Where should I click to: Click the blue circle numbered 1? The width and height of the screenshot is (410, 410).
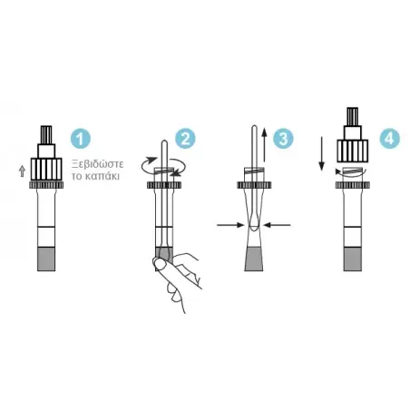pyautogui.click(x=81, y=139)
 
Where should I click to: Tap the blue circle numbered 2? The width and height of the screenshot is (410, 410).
pyautogui.click(x=185, y=139)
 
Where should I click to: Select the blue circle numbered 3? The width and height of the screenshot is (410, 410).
pyautogui.click(x=283, y=139)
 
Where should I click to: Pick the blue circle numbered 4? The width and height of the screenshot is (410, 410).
pyautogui.click(x=390, y=139)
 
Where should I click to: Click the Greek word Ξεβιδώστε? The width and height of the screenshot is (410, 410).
pyautogui.click(x=97, y=164)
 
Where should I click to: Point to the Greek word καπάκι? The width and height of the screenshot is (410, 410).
pyautogui.click(x=102, y=176)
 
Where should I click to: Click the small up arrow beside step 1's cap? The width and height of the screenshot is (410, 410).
pyautogui.click(x=22, y=171)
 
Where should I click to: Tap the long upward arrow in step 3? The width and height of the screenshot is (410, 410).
pyautogui.click(x=264, y=145)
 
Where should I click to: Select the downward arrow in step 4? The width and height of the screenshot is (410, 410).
pyautogui.click(x=321, y=153)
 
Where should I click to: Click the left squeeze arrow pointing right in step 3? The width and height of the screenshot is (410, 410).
pyautogui.click(x=230, y=225)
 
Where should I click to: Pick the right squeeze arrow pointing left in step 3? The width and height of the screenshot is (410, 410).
pyautogui.click(x=277, y=225)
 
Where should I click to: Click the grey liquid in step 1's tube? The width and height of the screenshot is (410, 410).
pyautogui.click(x=46, y=259)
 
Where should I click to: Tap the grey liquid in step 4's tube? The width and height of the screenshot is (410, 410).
pyautogui.click(x=353, y=259)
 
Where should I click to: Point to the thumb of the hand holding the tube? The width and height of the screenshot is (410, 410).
pyautogui.click(x=160, y=264)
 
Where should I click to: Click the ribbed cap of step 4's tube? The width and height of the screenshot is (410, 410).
pyautogui.click(x=353, y=151)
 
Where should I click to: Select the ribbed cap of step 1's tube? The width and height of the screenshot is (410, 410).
pyautogui.click(x=46, y=170)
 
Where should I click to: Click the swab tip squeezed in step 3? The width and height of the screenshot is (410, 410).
pyautogui.click(x=254, y=223)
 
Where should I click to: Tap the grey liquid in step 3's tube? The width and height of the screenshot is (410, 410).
pyautogui.click(x=253, y=259)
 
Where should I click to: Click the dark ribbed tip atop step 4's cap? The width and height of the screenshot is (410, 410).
pyautogui.click(x=353, y=116)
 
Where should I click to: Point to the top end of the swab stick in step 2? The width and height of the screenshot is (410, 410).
pyautogui.click(x=164, y=141)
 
